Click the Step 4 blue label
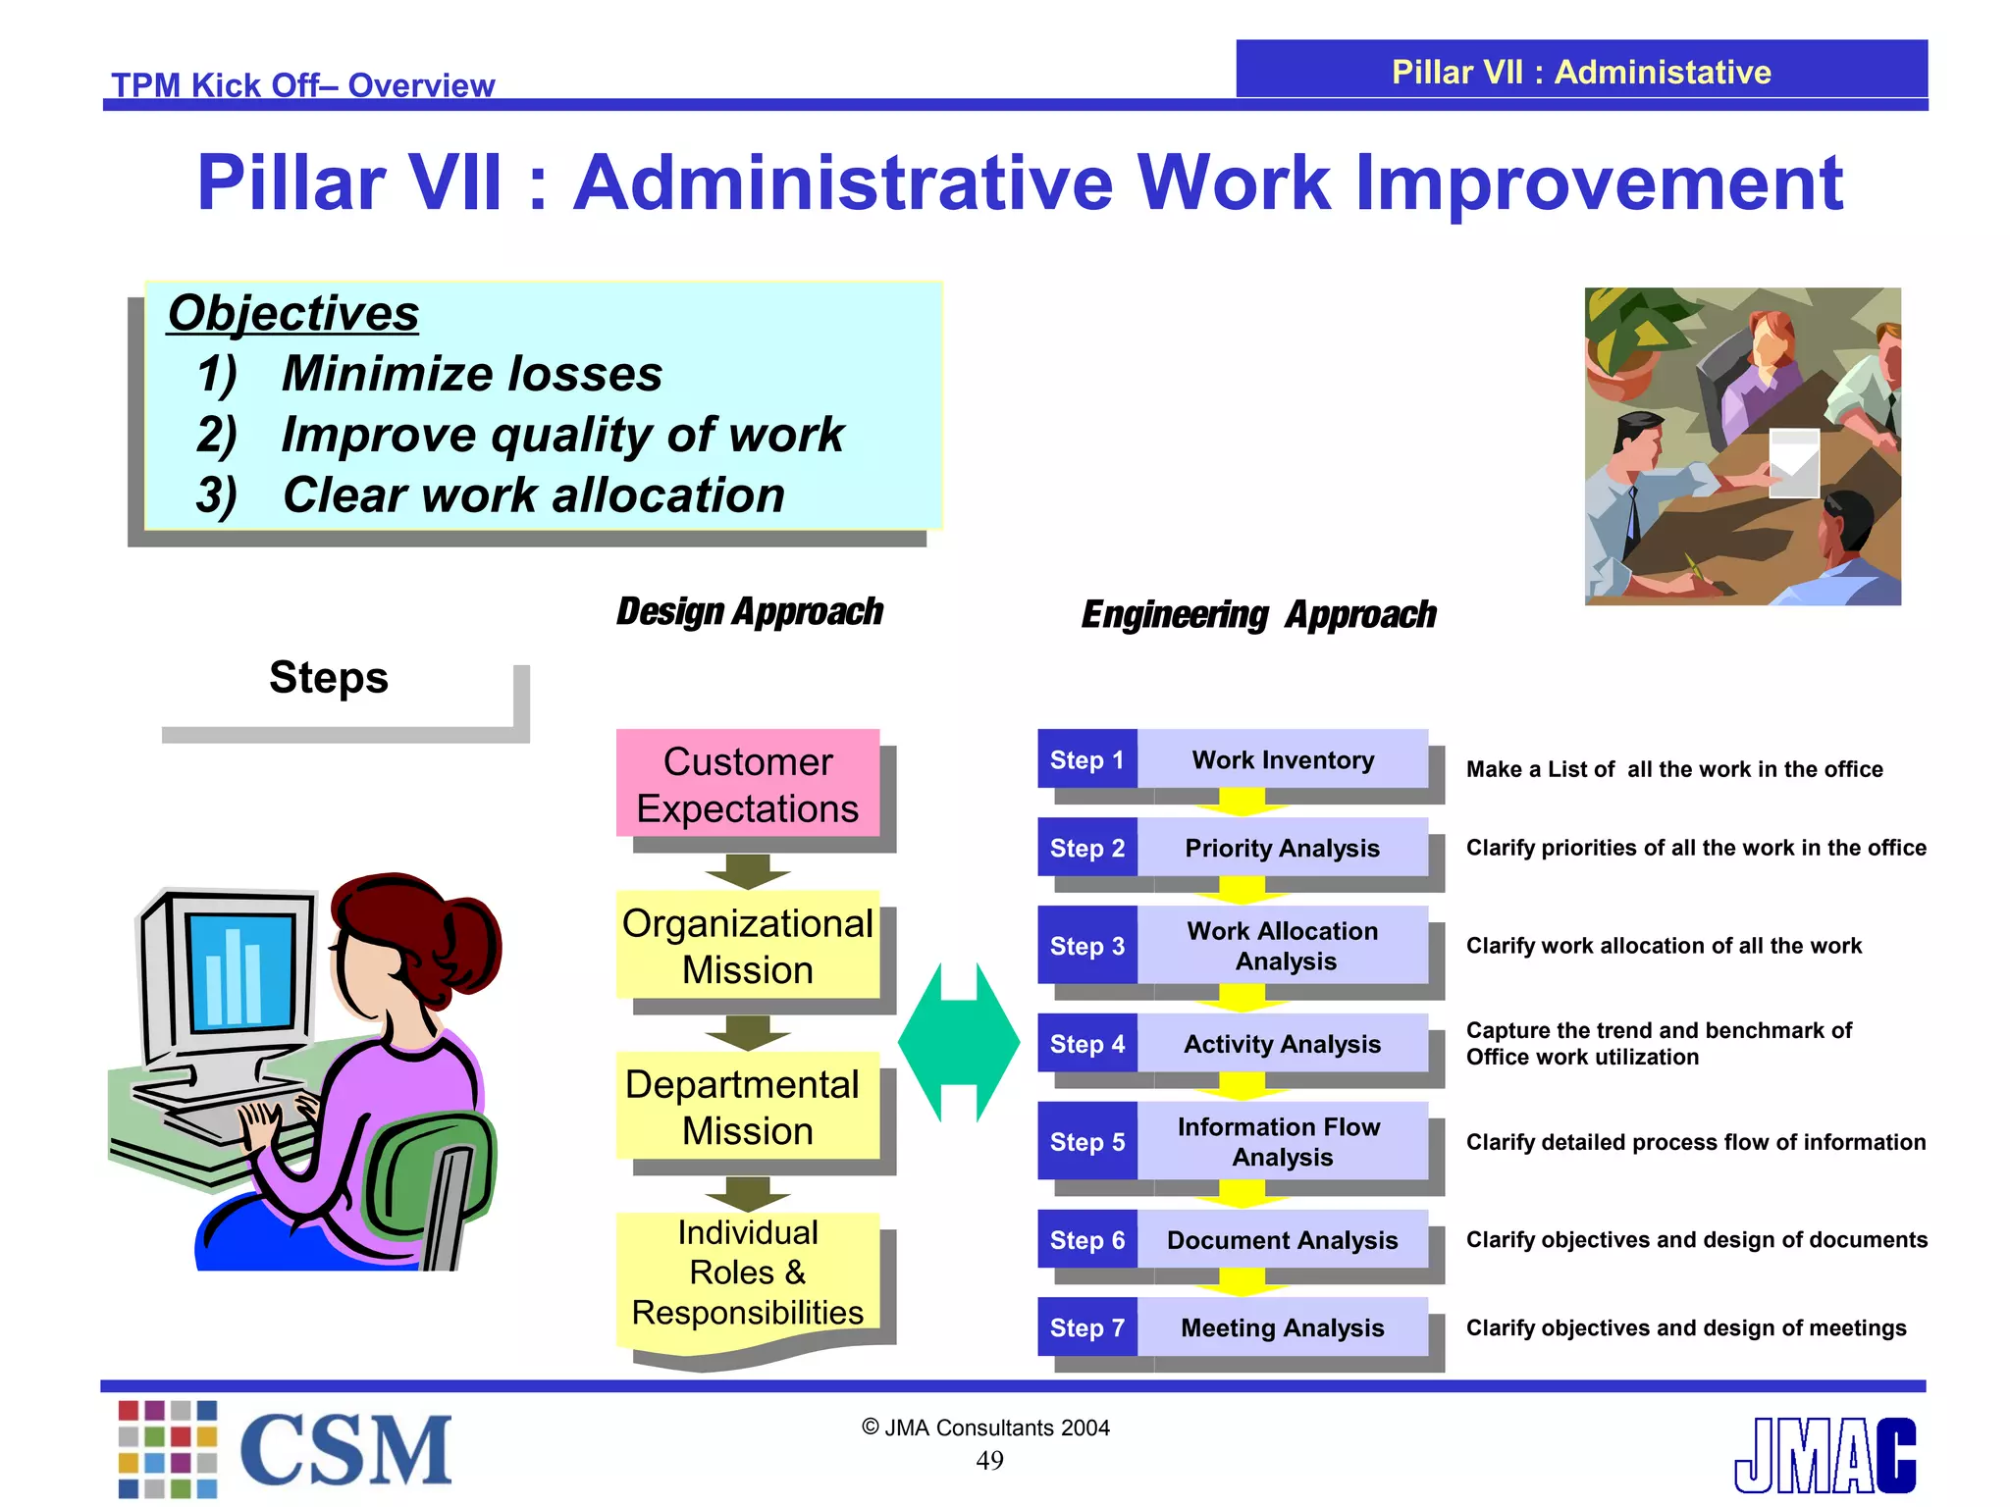[x=1087, y=1044]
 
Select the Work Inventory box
[x=1282, y=759]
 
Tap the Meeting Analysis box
[x=1282, y=1327]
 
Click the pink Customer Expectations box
[x=748, y=784]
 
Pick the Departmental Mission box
[x=748, y=1107]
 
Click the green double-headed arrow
[x=959, y=1043]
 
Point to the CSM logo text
[x=345, y=1450]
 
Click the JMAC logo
[x=1825, y=1455]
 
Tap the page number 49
[x=989, y=1461]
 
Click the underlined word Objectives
[x=293, y=314]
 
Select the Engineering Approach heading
[x=1258, y=615]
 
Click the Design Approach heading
[x=750, y=611]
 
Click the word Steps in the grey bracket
[x=329, y=678]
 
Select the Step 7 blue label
[x=1087, y=1327]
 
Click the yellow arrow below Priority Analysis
[x=1243, y=890]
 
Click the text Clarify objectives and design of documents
[x=1696, y=1240]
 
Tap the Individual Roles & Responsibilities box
[x=748, y=1273]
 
